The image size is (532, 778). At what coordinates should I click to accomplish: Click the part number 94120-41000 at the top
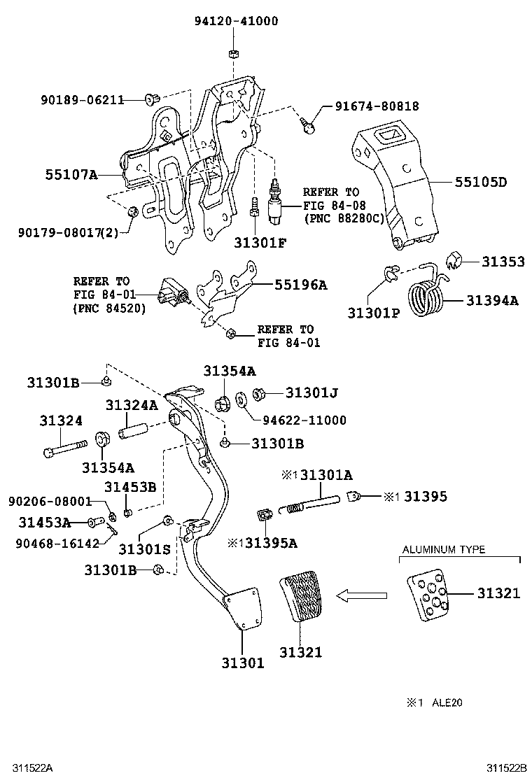[x=236, y=21]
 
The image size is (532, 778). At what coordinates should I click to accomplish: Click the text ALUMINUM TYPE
[x=443, y=550]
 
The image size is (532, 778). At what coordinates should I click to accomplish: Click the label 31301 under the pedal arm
[x=243, y=663]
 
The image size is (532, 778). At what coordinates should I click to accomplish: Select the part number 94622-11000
[x=304, y=420]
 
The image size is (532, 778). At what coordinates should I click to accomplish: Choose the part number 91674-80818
[x=377, y=106]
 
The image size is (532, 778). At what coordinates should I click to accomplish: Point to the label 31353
[x=503, y=261]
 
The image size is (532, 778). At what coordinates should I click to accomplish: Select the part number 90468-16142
[x=58, y=542]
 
